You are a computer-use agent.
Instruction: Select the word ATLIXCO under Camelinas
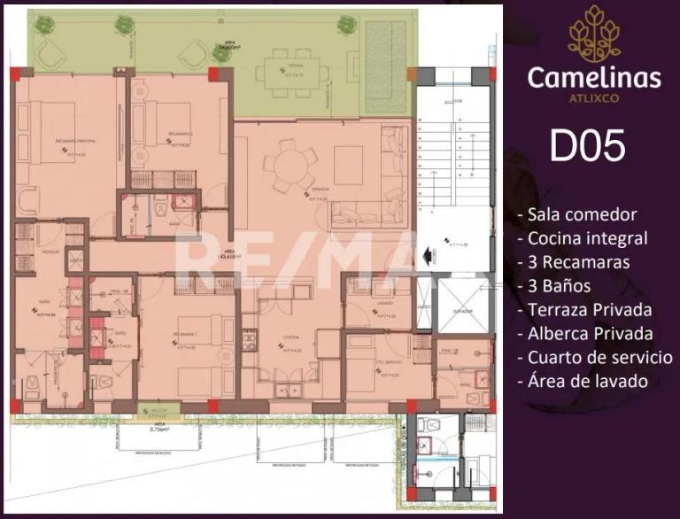[x=593, y=97]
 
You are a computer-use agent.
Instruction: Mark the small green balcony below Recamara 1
[x=159, y=410]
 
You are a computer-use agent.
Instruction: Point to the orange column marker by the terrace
[x=411, y=74]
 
